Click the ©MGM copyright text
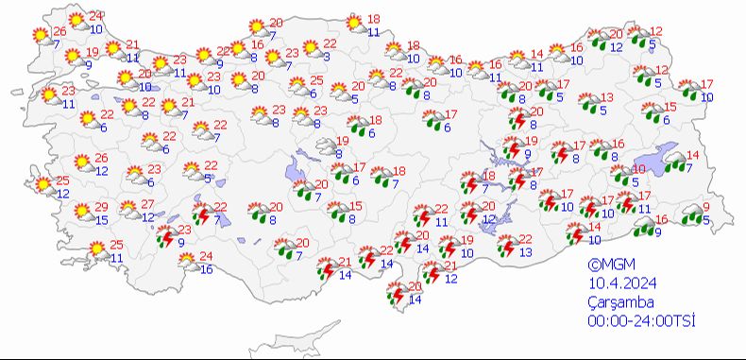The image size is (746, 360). (x=606, y=266)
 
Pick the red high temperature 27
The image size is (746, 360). (x=148, y=205)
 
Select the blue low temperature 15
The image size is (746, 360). (x=102, y=220)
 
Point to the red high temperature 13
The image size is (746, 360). (x=607, y=97)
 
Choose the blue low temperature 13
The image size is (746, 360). (x=525, y=252)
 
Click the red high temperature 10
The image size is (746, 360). (x=639, y=169)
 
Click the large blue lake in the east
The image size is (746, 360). (x=660, y=160)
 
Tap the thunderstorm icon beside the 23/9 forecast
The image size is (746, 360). (x=164, y=237)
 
